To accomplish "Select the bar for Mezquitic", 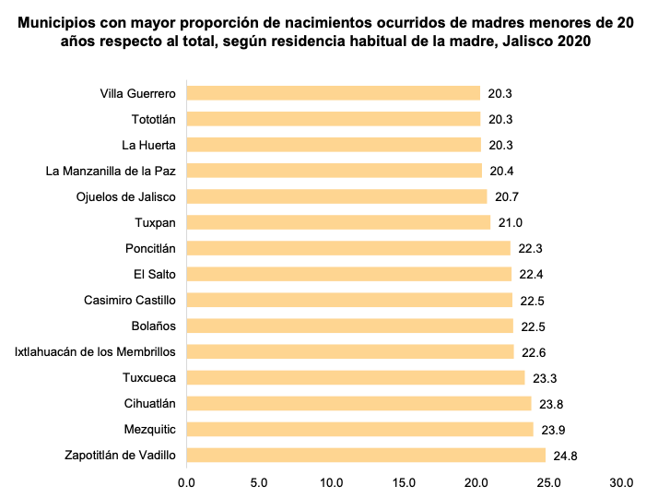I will pos(359,429).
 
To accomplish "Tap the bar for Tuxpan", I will pos(338,222).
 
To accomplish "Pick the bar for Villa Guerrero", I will pos(334,93).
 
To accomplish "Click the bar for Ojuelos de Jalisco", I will pos(336,196).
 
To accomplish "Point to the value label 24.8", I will pos(565,455).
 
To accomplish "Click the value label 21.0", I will pos(510,222).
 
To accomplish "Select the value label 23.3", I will pos(544,377).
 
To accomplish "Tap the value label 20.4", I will pos(501,171).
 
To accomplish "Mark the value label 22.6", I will pos(533,351).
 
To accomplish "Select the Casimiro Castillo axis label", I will pos(129,300).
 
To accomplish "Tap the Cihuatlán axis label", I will pos(149,403).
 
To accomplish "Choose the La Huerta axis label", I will pos(148,145).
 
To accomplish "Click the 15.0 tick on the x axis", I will pos(404,481).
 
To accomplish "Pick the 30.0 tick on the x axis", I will pos(621,481).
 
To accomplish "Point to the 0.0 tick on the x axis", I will pos(187,481).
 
